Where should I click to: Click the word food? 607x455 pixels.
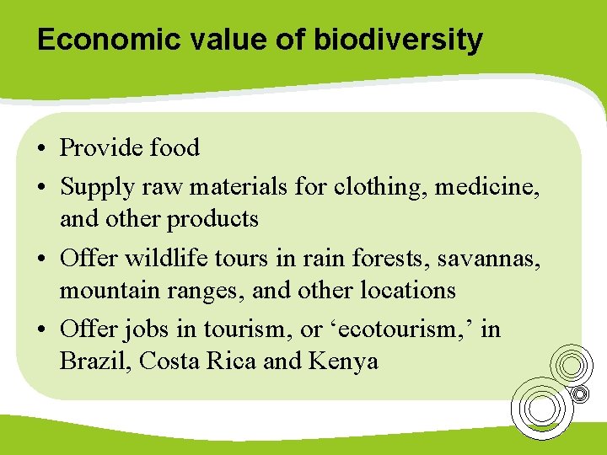click(175, 148)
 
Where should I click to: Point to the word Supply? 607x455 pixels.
click(94, 184)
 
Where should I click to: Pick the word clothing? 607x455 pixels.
click(380, 184)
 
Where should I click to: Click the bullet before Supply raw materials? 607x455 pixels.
click(40, 185)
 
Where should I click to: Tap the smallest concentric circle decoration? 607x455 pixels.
click(580, 393)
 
